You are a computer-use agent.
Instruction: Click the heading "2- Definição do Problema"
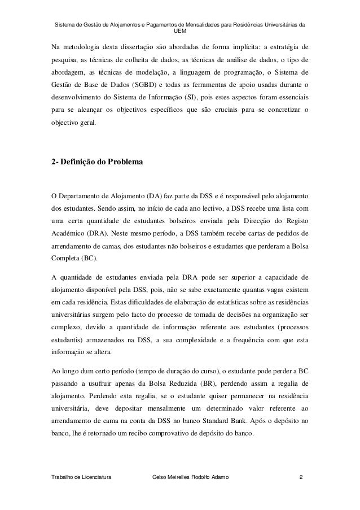tap(97, 163)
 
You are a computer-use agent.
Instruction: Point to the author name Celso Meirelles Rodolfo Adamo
tap(191, 479)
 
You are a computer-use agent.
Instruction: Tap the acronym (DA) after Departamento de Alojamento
tap(138, 196)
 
